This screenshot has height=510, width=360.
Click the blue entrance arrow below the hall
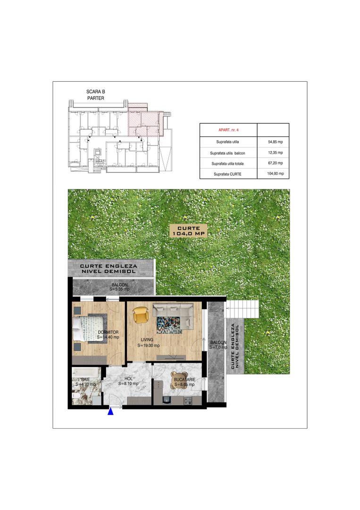111,412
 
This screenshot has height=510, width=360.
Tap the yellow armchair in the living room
140,315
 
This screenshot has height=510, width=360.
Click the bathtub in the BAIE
85,373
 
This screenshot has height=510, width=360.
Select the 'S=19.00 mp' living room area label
149,345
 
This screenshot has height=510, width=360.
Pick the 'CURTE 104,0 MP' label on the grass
189,230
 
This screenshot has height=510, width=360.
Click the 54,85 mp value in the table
275,142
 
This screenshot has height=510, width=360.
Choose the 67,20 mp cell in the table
275,163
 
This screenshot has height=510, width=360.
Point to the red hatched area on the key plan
144,120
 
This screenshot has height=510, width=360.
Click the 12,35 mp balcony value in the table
275,153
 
